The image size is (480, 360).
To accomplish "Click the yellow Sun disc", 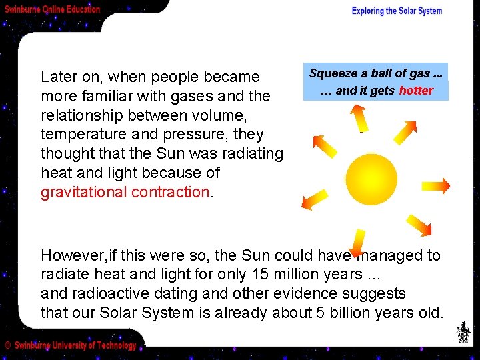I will click(x=371, y=179).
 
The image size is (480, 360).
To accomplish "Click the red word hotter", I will click(x=416, y=91).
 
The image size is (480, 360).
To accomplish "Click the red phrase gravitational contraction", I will click(x=125, y=192).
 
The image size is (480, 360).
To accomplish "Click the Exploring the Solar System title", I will click(x=397, y=11).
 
